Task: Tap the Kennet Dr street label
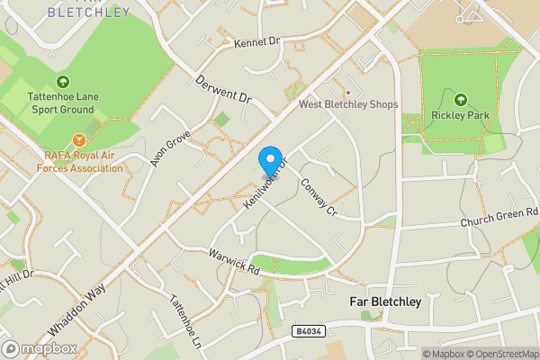(x=257, y=42)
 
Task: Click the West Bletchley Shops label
(x=348, y=105)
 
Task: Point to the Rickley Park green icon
(x=461, y=100)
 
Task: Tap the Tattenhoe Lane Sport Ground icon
(x=62, y=82)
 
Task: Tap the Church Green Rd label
(x=499, y=217)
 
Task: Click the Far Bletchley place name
(x=384, y=302)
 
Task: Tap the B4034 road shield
(x=307, y=332)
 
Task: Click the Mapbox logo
(x=38, y=348)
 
